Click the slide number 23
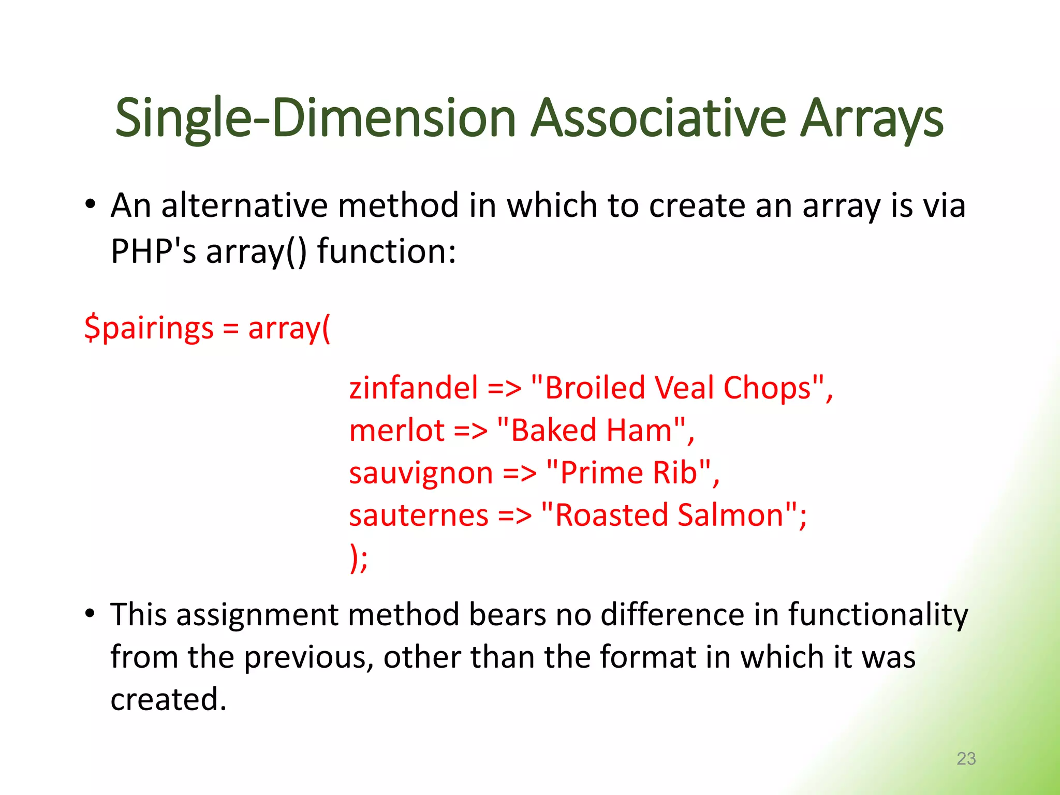click(966, 758)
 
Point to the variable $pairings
click(149, 329)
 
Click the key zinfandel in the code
click(414, 388)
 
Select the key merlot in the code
click(397, 430)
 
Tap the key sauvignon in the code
click(421, 473)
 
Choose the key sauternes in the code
click(419, 516)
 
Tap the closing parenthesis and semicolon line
click(359, 558)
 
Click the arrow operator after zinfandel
click(505, 389)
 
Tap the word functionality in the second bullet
click(878, 615)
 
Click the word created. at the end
click(169, 699)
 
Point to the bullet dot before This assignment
click(91, 614)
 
